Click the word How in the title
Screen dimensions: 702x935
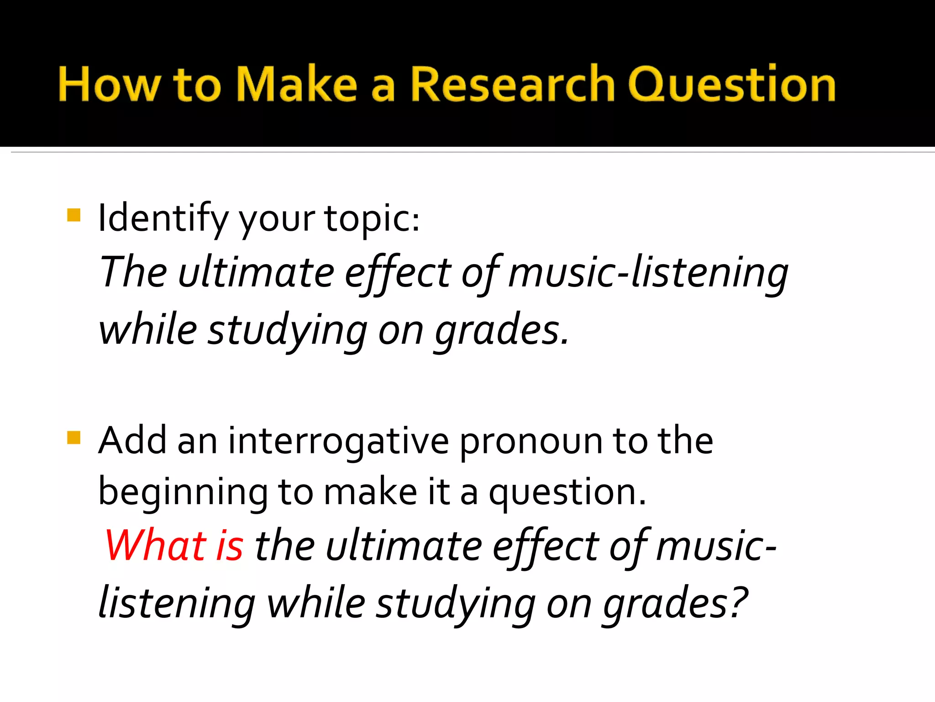point(109,85)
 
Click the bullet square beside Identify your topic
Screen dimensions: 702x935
point(74,215)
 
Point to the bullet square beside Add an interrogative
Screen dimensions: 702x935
point(74,437)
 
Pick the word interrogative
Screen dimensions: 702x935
point(338,442)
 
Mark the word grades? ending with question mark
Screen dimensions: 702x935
point(675,604)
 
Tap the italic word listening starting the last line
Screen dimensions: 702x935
point(177,604)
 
